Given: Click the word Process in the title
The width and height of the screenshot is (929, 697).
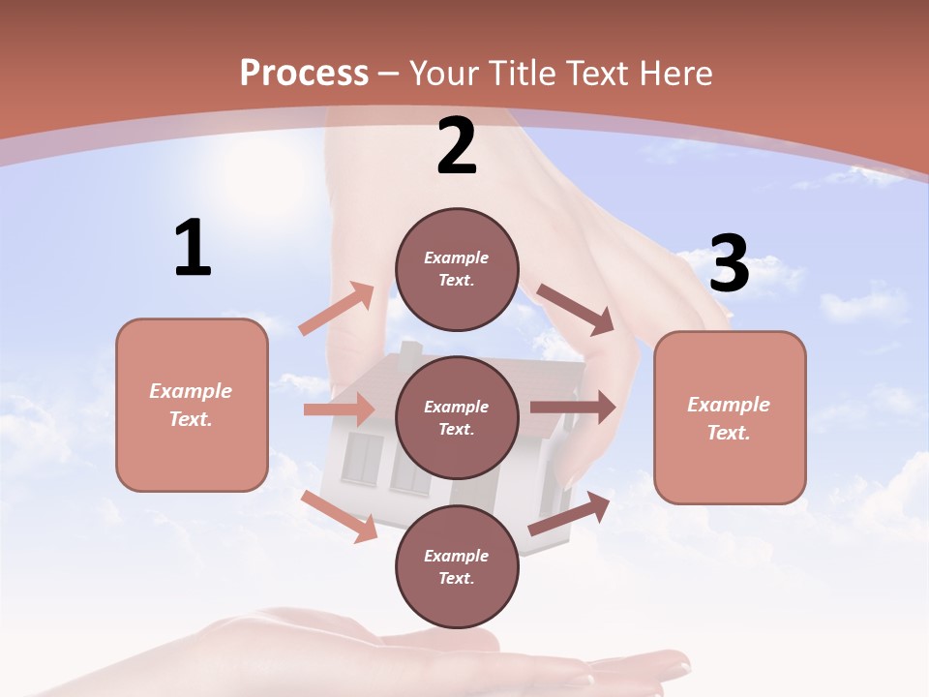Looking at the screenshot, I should click(304, 73).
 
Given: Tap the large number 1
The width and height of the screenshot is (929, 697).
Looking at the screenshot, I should click(193, 248).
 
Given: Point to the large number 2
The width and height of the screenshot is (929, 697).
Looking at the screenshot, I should click(457, 146).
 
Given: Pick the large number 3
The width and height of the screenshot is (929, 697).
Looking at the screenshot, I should click(729, 263).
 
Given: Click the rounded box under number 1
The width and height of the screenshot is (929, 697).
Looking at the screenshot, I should click(192, 405).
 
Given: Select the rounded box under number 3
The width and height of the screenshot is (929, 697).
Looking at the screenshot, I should click(730, 418).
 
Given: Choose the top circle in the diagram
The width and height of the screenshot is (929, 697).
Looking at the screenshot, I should click(457, 269).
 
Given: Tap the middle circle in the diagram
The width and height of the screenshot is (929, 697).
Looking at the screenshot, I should click(457, 418).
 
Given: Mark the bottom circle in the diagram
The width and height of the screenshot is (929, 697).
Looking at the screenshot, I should click(457, 567).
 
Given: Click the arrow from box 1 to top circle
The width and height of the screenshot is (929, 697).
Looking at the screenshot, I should click(337, 308).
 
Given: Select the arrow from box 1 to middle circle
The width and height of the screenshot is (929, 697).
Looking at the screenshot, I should click(339, 409).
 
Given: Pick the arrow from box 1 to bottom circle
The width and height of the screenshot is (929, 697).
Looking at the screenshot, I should click(340, 516).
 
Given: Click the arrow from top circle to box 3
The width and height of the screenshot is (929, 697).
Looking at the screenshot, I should click(576, 309).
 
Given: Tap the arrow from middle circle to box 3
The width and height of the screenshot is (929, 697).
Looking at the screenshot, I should click(573, 408).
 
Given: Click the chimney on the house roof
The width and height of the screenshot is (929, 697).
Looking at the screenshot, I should click(411, 353).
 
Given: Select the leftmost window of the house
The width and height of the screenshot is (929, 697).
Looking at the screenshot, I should click(363, 457).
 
